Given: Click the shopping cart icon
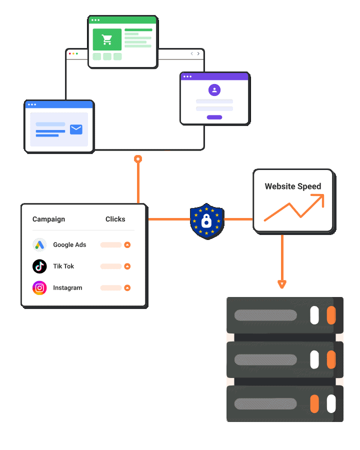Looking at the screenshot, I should tap(106, 39).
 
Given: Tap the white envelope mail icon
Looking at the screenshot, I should tap(76, 129).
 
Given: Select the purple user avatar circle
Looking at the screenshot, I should tap(214, 90).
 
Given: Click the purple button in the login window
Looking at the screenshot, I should tap(214, 117).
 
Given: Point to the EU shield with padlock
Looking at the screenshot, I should tap(206, 220).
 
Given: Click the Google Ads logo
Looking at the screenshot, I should tap(39, 245).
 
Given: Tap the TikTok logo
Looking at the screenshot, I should tap(39, 266).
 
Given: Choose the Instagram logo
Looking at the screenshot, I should tap(39, 288).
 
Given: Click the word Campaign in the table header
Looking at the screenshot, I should tap(48, 219).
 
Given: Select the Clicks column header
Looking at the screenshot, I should tap(115, 219).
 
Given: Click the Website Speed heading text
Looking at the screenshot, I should tap(292, 186).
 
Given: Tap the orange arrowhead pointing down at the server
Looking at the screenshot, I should tap(282, 284).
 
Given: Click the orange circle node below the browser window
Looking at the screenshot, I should tap(138, 159).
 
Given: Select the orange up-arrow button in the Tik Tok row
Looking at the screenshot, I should tap(127, 266).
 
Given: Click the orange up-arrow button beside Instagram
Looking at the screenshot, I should tap(127, 288).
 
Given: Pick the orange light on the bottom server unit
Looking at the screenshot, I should tap(314, 403).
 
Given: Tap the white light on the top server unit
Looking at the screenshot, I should tap(314, 315).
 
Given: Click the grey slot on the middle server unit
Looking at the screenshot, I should tap(265, 359).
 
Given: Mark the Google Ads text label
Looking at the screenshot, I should tap(69, 245).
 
